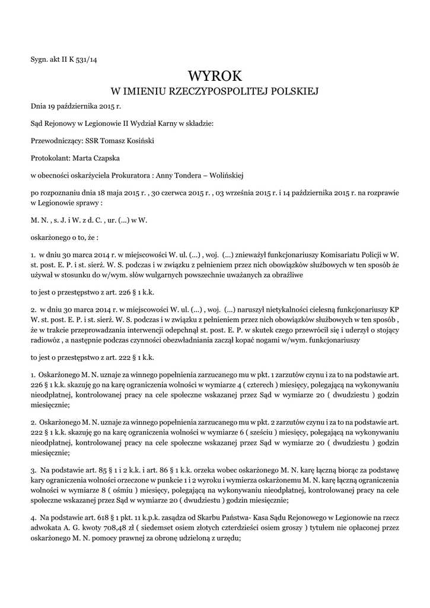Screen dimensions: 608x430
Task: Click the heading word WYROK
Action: coord(215,75)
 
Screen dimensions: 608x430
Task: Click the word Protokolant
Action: coord(49,158)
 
